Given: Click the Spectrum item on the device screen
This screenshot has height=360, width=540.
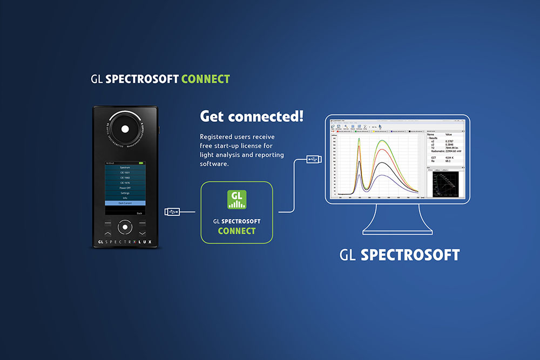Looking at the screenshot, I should point(125,168).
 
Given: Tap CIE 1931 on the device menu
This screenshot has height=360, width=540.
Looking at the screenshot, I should point(125,173).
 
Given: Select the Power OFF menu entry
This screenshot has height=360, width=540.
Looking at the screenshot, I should point(125,188).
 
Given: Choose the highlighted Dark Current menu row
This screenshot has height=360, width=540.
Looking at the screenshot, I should point(125,203).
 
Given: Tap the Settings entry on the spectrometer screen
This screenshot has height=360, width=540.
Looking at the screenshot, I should point(125,193).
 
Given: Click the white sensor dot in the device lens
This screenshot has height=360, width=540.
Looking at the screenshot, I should point(125,129).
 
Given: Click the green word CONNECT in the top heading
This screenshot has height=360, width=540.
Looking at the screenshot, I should point(206,79).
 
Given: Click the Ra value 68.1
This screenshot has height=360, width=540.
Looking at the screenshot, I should point(448,161).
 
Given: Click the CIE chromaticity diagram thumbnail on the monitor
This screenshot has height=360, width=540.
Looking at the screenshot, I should point(446,184).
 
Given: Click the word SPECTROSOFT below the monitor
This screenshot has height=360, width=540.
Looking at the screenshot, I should point(410,255).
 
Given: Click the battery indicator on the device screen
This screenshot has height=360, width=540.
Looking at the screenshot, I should point(142,163).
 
